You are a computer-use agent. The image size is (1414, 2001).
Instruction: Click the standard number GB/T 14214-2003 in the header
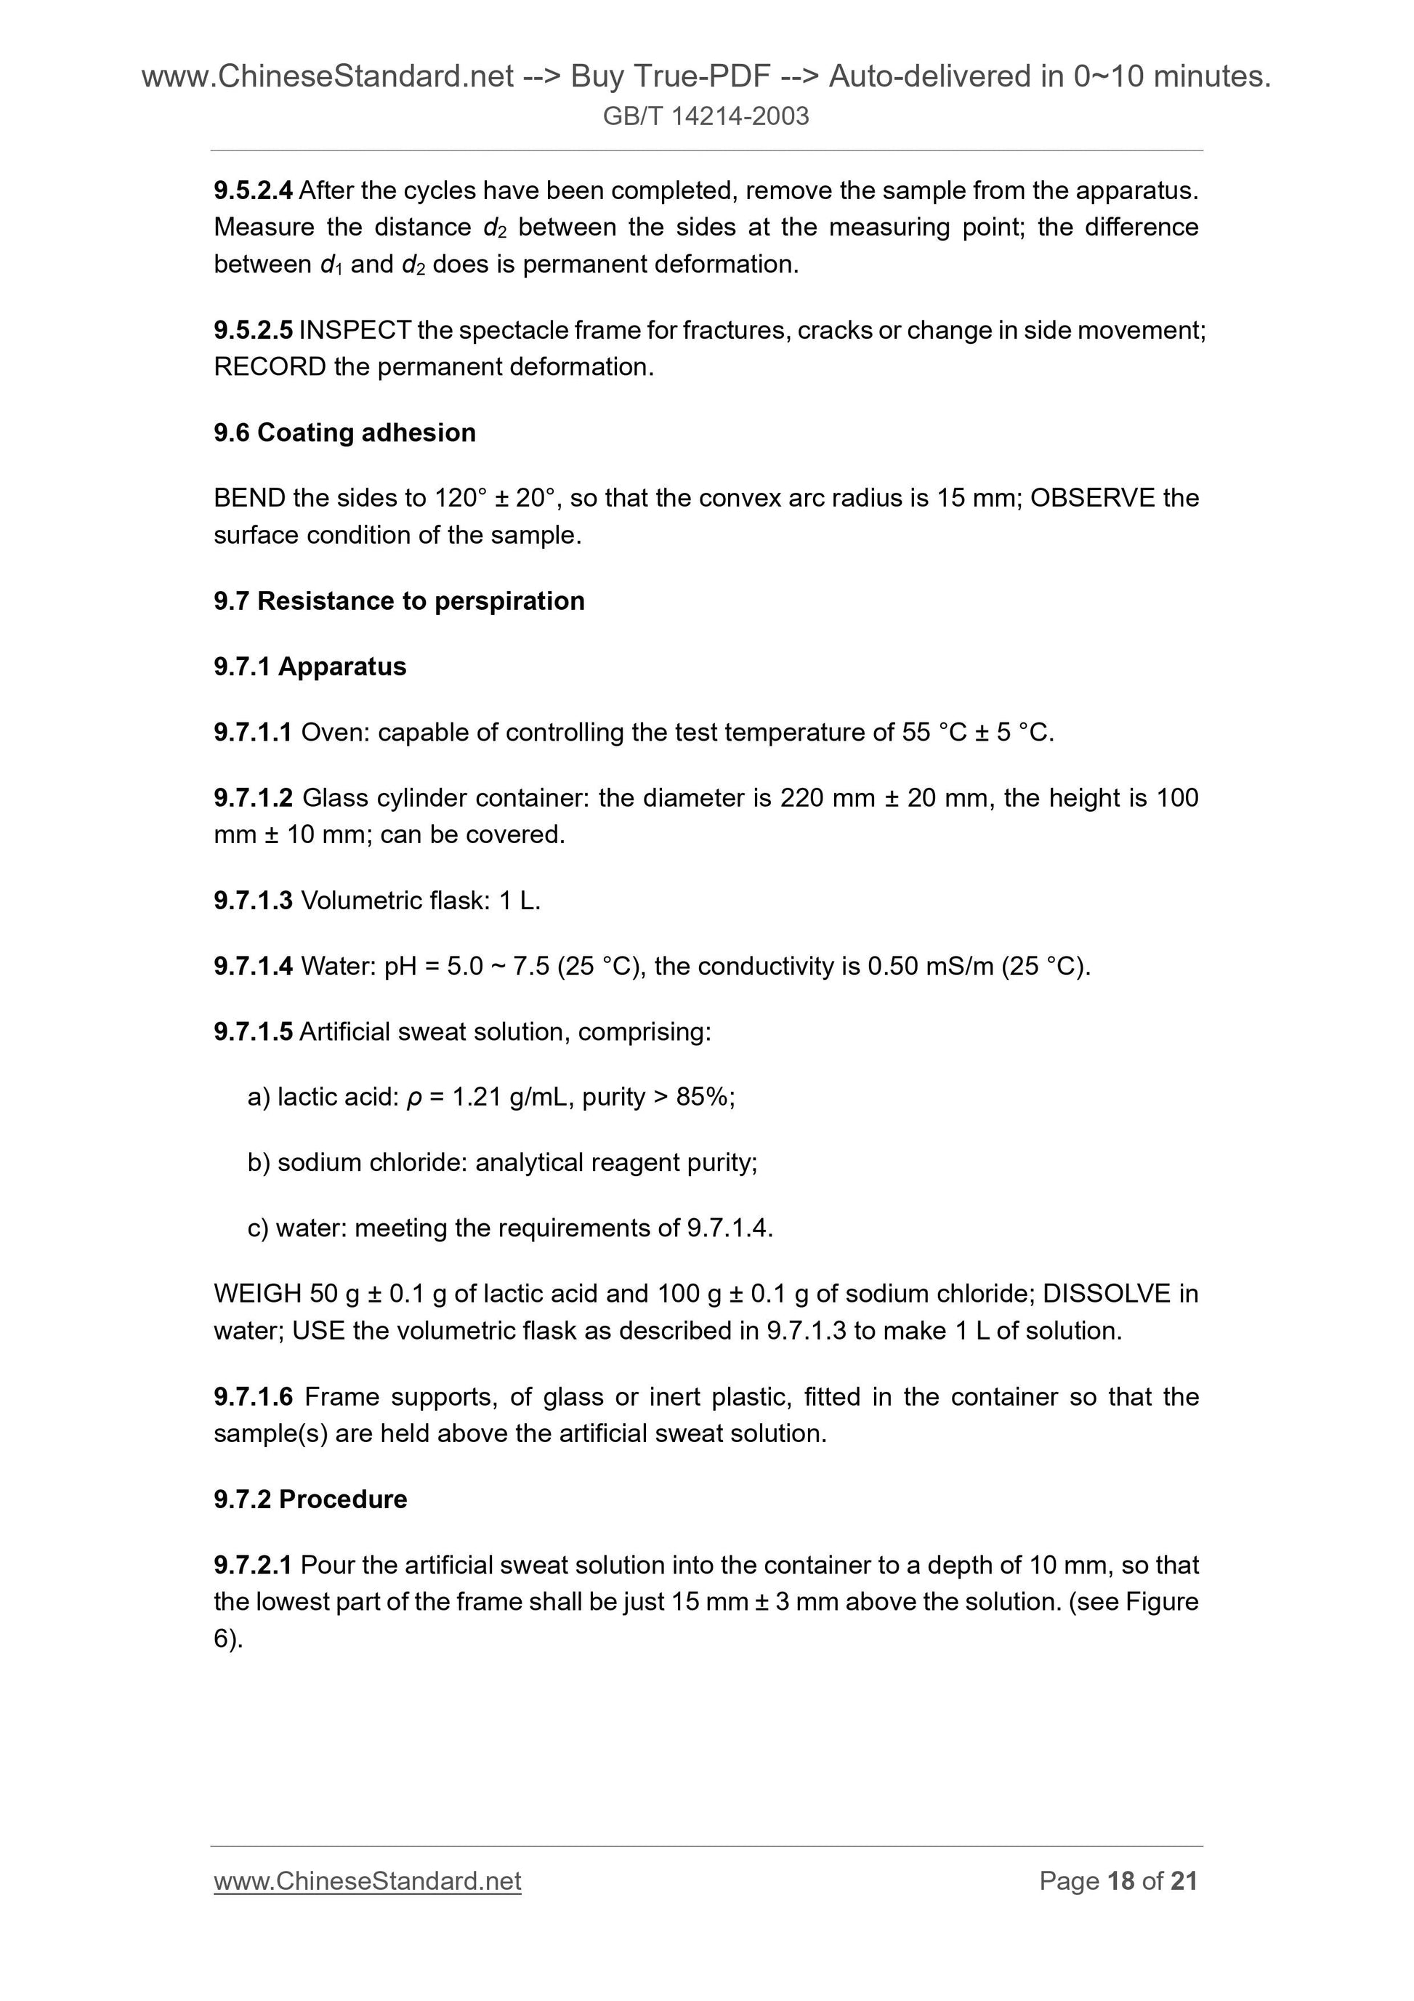pos(706,116)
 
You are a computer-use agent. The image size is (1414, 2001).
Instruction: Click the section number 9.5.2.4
pos(253,190)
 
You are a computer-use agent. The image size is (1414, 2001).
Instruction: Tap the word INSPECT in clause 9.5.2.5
pos(355,330)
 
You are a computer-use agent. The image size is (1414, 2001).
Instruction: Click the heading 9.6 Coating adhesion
pos(344,432)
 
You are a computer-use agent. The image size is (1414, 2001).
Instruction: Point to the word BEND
pos(249,498)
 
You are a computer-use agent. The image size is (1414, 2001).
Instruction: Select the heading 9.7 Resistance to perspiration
pos(398,600)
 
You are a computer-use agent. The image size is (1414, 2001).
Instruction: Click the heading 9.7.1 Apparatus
pos(310,667)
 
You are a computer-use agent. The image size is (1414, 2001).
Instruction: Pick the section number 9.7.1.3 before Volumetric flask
pos(253,901)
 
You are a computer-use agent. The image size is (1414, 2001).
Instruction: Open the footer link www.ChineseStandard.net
pos(367,1881)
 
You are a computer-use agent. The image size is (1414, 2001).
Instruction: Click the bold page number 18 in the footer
pos(1120,1881)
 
